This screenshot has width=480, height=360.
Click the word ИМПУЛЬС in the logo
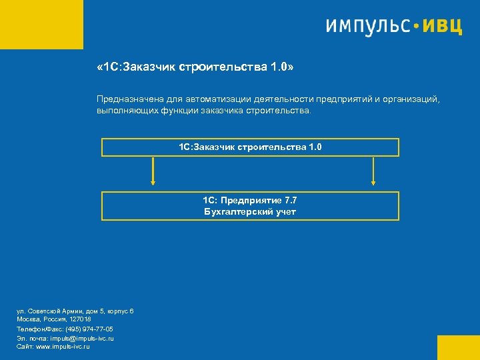tap(367, 26)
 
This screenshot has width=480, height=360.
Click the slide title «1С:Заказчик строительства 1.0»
tap(195, 68)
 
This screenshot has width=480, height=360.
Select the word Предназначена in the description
tap(126, 99)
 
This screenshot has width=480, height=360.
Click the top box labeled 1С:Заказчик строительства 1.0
tap(250, 147)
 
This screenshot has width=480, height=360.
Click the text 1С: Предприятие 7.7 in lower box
tap(250, 201)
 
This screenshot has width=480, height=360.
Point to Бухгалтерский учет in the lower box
tap(250, 212)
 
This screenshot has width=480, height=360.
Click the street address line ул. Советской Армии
tap(75, 311)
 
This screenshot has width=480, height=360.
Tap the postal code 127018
tap(79, 320)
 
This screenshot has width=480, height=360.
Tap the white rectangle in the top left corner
tap(41, 25)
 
